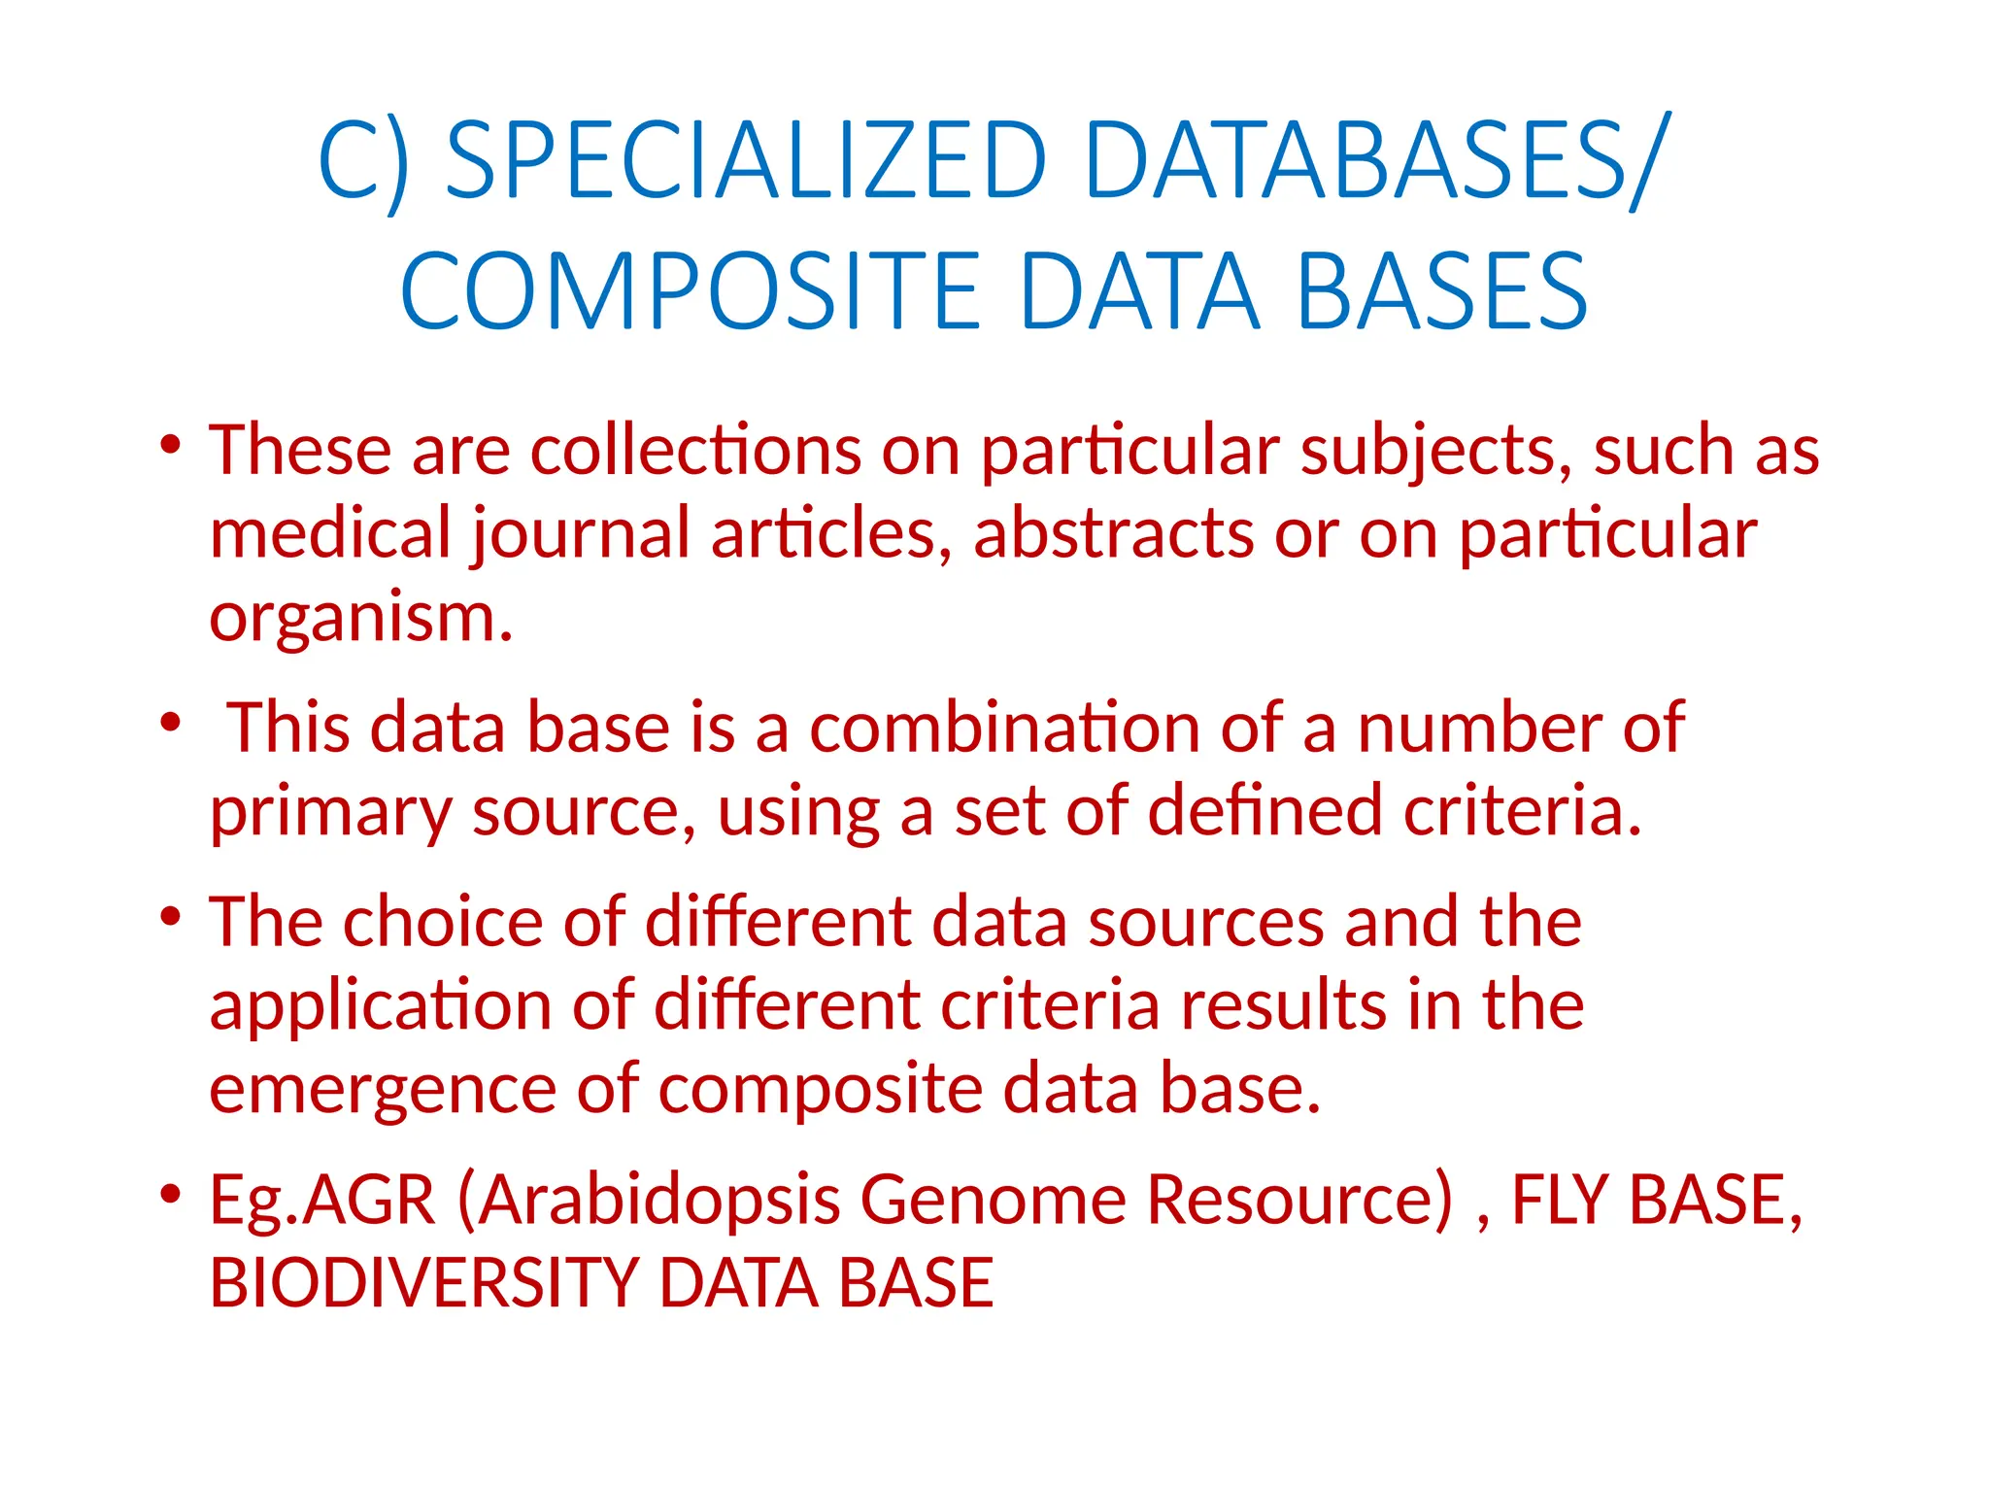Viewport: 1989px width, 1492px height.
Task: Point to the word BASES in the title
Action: click(1441, 291)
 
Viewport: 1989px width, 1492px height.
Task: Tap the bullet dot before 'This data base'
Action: click(171, 723)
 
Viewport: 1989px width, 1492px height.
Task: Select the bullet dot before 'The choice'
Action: click(171, 916)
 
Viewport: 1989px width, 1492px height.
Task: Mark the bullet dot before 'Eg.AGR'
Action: click(171, 1194)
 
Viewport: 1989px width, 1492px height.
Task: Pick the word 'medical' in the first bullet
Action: click(330, 533)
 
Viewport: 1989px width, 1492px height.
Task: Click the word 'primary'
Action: click(330, 812)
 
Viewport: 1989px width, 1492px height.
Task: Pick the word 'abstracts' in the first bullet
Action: click(1113, 533)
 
